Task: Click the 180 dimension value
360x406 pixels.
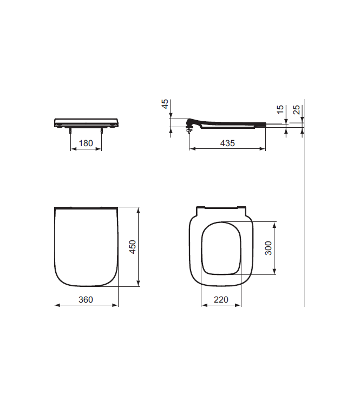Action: point(87,143)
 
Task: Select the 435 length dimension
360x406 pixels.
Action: point(227,143)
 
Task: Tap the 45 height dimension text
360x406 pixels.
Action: point(165,104)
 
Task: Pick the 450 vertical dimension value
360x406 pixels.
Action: point(133,246)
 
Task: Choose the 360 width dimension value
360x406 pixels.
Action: point(86,299)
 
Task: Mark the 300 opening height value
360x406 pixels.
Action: point(269,247)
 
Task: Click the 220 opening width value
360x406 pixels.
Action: point(220,299)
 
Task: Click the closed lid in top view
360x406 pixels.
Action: point(87,246)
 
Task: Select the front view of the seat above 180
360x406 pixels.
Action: point(87,122)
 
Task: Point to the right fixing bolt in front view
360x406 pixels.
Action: point(101,130)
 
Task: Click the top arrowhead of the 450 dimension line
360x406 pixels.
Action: point(140,208)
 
